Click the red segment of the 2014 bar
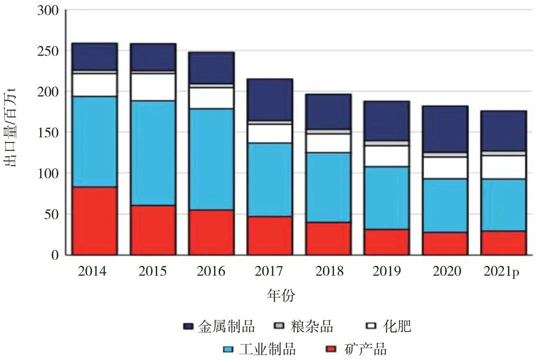click(95, 221)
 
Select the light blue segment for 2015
click(153, 152)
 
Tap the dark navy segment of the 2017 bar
click(270, 99)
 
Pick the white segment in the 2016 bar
click(212, 97)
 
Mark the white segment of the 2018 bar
click(328, 143)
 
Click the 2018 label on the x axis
click(329, 271)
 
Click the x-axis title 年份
click(281, 295)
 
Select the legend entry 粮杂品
click(310, 327)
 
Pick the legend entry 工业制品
click(267, 348)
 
